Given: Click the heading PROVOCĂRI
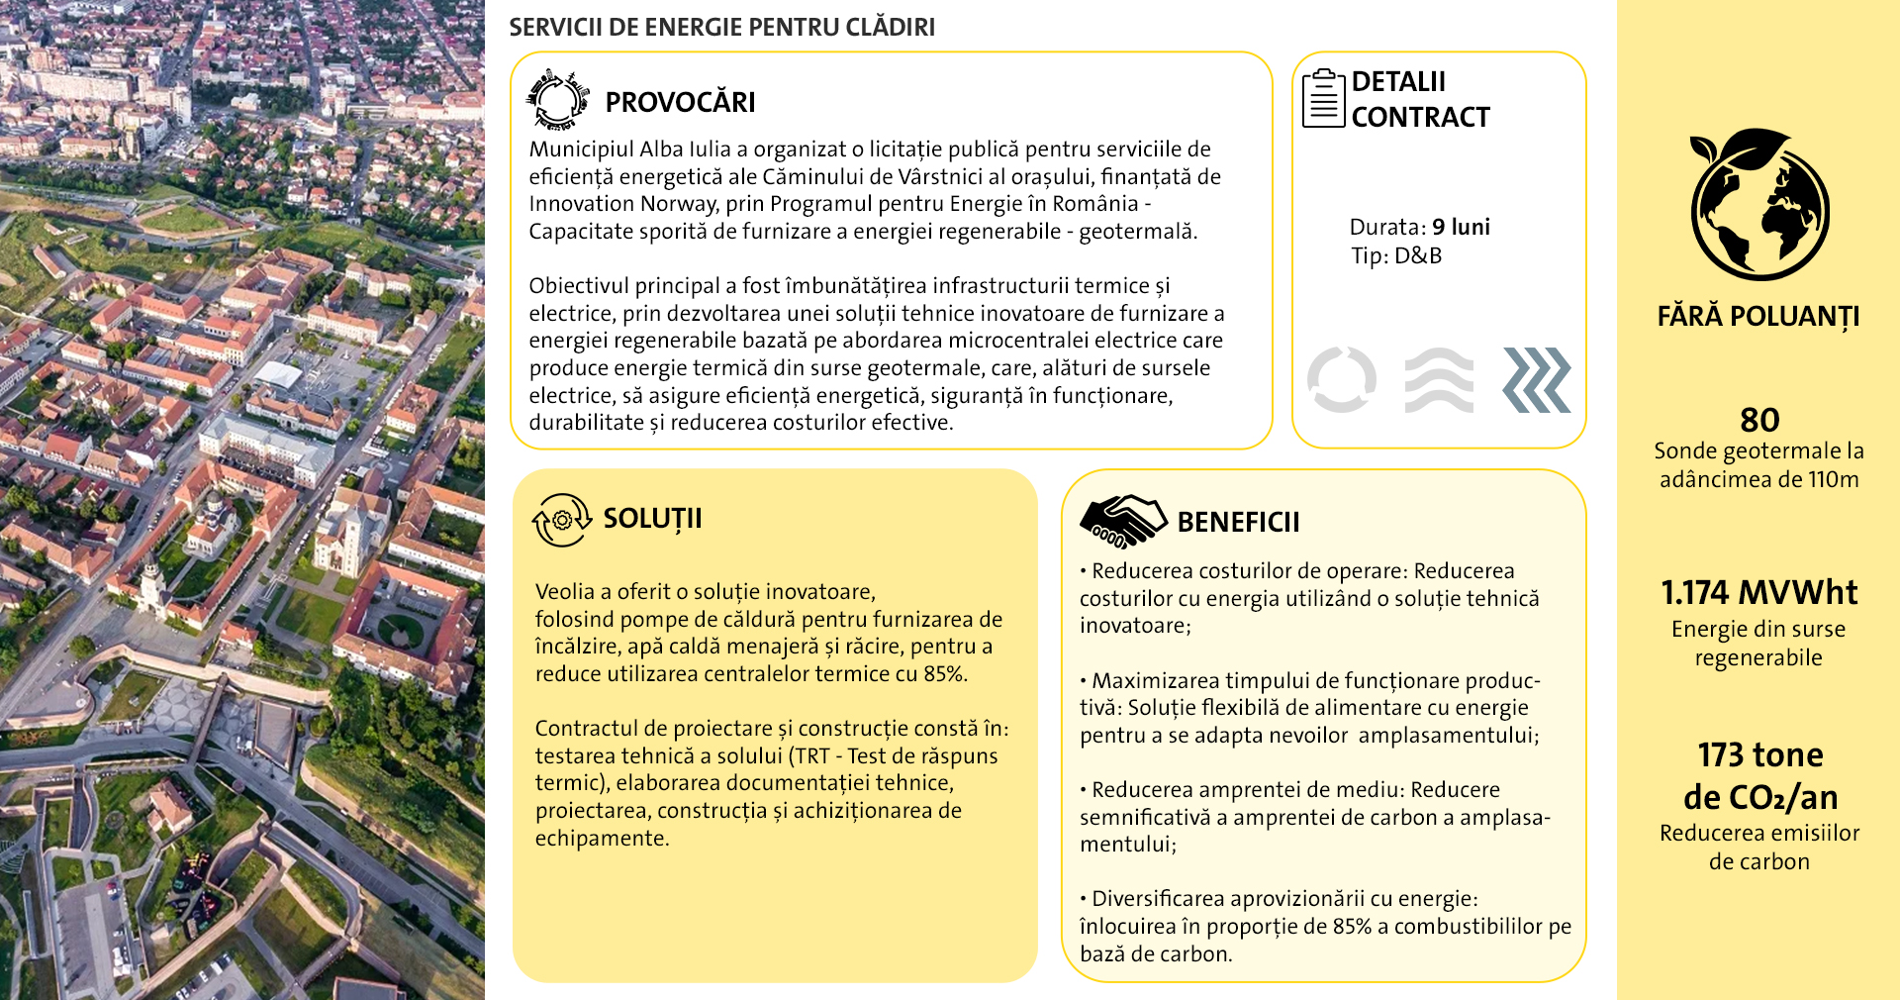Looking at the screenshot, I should click(680, 102).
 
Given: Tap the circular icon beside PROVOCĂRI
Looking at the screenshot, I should click(558, 100).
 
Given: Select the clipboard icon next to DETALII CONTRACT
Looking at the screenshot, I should click(1323, 99).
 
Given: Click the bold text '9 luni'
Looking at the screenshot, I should click(1461, 227).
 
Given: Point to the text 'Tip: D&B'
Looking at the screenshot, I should click(1396, 255).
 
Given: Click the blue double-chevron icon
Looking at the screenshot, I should click(1537, 379).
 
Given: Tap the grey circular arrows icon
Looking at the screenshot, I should click(1341, 379).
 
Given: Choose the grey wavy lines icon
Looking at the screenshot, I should click(1439, 379).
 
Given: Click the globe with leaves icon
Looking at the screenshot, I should click(1758, 204).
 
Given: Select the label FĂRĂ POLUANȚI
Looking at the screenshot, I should click(1758, 317).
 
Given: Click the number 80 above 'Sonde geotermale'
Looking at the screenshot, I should click(1759, 420).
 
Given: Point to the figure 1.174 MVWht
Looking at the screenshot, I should click(1758, 592).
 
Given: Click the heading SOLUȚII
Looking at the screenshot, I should click(652, 518).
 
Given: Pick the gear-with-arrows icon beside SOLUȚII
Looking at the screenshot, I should click(561, 520).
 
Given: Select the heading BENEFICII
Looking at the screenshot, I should click(1238, 522).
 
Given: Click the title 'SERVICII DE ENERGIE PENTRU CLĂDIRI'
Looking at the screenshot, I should click(721, 27).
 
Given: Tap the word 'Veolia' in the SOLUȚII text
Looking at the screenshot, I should click(564, 592).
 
